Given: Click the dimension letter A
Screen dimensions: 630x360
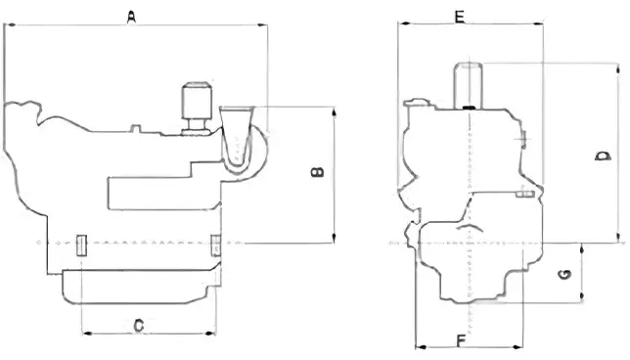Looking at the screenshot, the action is pyautogui.click(x=131, y=17).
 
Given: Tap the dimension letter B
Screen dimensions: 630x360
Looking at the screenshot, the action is pyautogui.click(x=317, y=172).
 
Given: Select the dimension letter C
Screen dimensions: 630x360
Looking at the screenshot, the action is pyautogui.click(x=139, y=325).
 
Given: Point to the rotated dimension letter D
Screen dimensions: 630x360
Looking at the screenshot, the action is pyautogui.click(x=603, y=156).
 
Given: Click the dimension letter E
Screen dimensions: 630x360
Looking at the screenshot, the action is pyautogui.click(x=459, y=17).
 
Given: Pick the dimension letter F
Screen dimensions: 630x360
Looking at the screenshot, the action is pyautogui.click(x=462, y=340).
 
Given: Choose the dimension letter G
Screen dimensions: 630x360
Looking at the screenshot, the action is pyautogui.click(x=564, y=275).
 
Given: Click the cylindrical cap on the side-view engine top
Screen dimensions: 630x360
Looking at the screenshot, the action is pyautogui.click(x=197, y=101).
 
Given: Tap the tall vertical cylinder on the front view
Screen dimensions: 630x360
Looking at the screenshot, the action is pyautogui.click(x=468, y=85).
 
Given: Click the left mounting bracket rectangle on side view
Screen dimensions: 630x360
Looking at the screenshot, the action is pyautogui.click(x=81, y=246).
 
